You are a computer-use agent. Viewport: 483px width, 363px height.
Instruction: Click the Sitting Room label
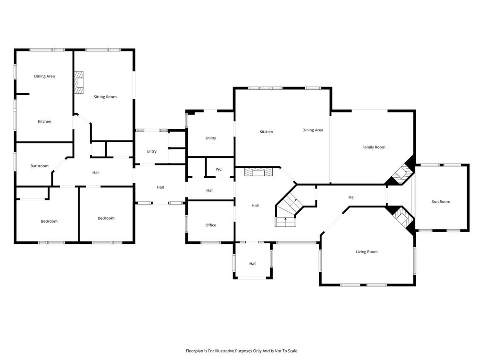click(x=105, y=97)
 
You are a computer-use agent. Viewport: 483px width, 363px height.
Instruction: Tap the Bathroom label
click(x=40, y=166)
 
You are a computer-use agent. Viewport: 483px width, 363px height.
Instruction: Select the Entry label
click(x=151, y=151)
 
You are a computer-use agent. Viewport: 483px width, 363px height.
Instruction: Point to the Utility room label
click(x=211, y=138)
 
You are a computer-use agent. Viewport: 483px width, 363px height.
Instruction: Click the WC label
click(x=219, y=169)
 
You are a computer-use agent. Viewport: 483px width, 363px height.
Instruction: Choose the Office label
click(x=211, y=225)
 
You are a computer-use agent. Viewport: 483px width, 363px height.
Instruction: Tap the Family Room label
click(x=374, y=147)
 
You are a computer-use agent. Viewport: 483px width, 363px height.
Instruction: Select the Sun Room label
click(x=441, y=201)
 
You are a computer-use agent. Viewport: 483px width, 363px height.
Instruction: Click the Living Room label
click(x=366, y=252)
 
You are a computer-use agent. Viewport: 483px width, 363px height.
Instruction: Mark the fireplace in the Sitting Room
click(x=79, y=83)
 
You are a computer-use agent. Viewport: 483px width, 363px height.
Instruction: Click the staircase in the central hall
click(x=289, y=210)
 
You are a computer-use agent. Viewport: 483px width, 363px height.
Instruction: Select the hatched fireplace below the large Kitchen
click(x=258, y=172)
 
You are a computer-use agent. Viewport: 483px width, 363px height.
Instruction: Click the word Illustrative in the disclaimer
click(x=225, y=351)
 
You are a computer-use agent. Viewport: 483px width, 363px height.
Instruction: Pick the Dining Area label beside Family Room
click(x=313, y=130)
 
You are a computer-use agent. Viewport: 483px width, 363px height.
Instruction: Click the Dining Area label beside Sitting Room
click(x=44, y=76)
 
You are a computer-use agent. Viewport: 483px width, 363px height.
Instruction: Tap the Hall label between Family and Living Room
click(x=352, y=197)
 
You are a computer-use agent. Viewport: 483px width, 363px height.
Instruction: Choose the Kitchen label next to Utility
click(x=266, y=132)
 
